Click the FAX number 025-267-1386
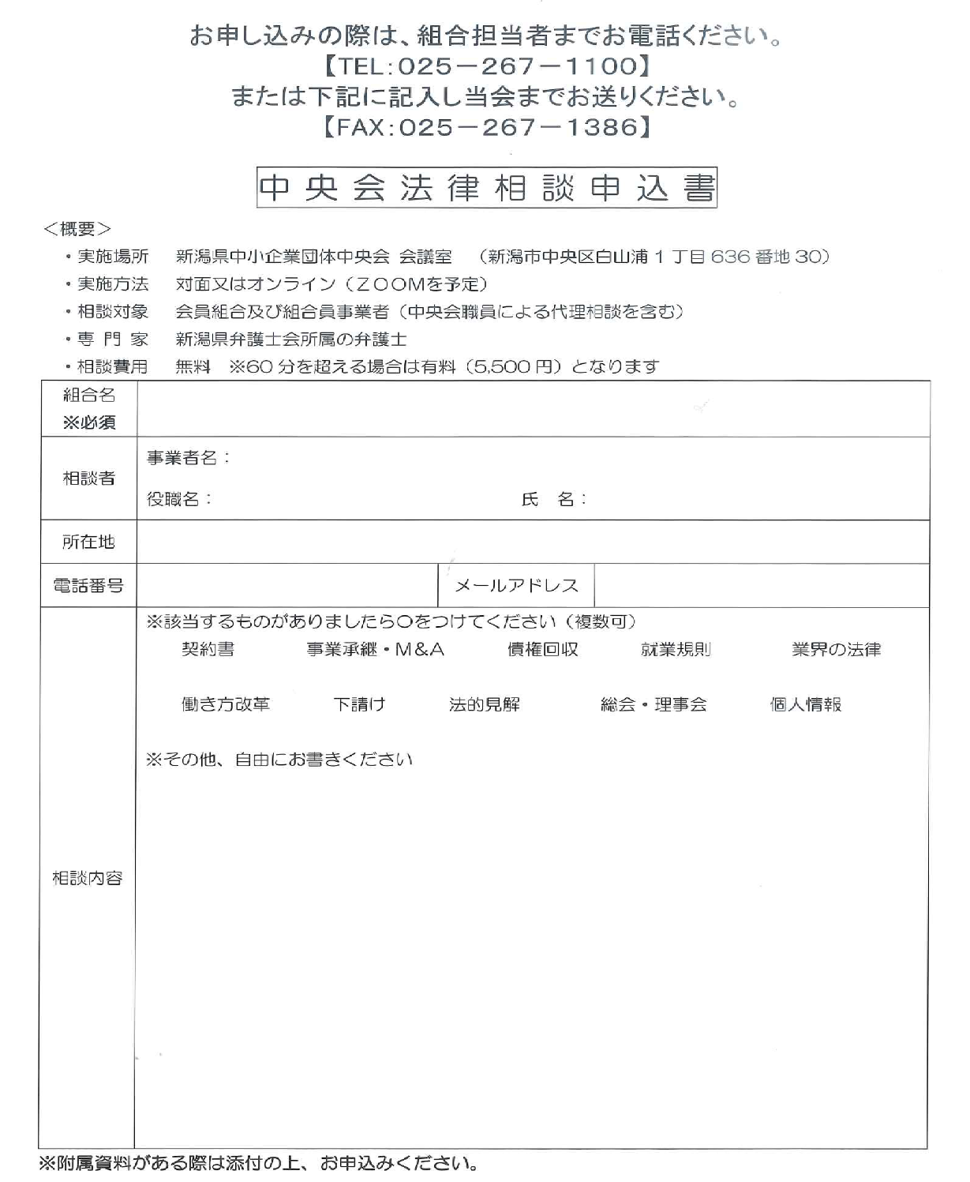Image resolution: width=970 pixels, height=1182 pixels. point(518,126)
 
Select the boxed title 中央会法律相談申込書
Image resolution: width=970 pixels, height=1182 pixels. point(486,188)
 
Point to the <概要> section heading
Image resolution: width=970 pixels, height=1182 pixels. point(77,229)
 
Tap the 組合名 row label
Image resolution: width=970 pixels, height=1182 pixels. point(89,396)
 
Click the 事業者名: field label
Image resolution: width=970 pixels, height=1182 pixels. point(189,458)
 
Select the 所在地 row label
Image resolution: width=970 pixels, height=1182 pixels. point(88,542)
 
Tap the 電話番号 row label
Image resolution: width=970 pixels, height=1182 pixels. point(88,586)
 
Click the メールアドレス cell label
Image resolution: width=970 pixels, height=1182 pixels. point(516,586)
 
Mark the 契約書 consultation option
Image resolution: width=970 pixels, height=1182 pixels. point(208,649)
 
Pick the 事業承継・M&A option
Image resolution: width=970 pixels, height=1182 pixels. point(376,649)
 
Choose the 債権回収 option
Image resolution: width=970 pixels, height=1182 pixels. point(542,649)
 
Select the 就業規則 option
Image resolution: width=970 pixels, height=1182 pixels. point(676,649)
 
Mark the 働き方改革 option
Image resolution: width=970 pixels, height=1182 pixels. point(226,704)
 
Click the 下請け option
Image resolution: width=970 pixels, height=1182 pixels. point(359,704)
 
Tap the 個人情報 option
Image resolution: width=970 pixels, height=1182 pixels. point(806,704)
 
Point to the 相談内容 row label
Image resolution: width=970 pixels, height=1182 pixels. point(88,878)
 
